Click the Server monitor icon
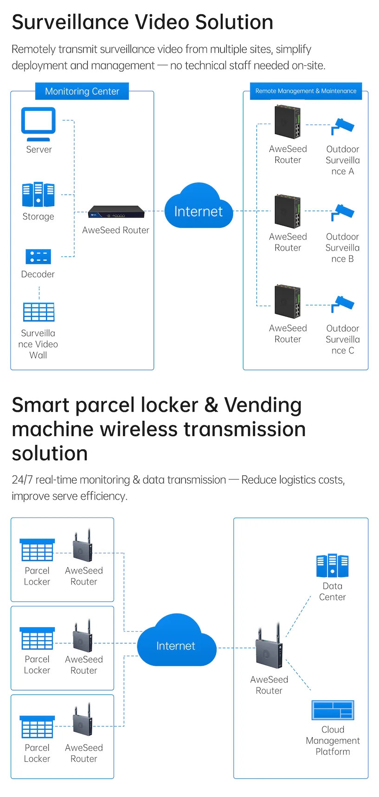(x=38, y=123)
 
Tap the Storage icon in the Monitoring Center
(x=38, y=194)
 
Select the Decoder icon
(x=38, y=257)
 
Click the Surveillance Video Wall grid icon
(x=39, y=312)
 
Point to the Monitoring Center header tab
(x=82, y=91)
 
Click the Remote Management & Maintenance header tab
(x=306, y=91)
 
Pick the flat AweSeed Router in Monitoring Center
(x=116, y=212)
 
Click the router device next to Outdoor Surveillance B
(x=288, y=211)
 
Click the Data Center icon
(x=332, y=566)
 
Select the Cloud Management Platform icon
(x=333, y=710)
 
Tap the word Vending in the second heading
(x=263, y=405)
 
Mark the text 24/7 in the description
(x=22, y=480)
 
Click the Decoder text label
(x=38, y=274)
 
